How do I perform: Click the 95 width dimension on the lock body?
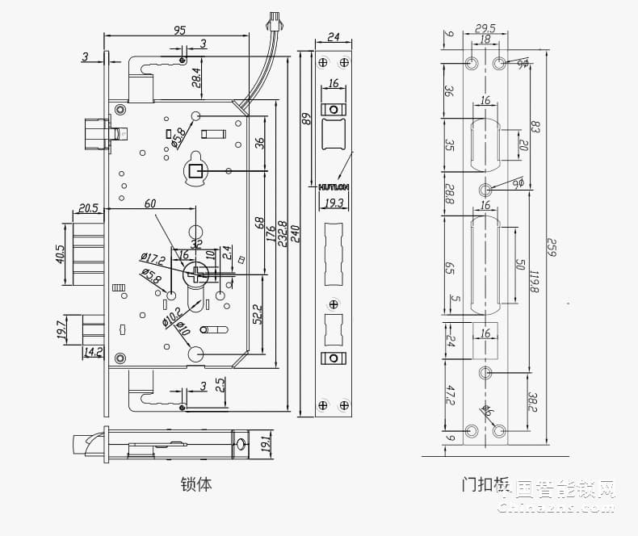coord(179,30)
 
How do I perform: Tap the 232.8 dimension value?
coord(283,234)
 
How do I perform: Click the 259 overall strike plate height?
coord(552,245)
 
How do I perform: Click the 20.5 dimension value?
coord(88,208)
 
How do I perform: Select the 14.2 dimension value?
coord(94,351)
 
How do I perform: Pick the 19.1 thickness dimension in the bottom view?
coord(267,442)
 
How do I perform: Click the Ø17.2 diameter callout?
coord(152,259)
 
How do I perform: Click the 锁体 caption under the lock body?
coord(195,484)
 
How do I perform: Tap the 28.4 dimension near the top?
coord(196,78)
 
